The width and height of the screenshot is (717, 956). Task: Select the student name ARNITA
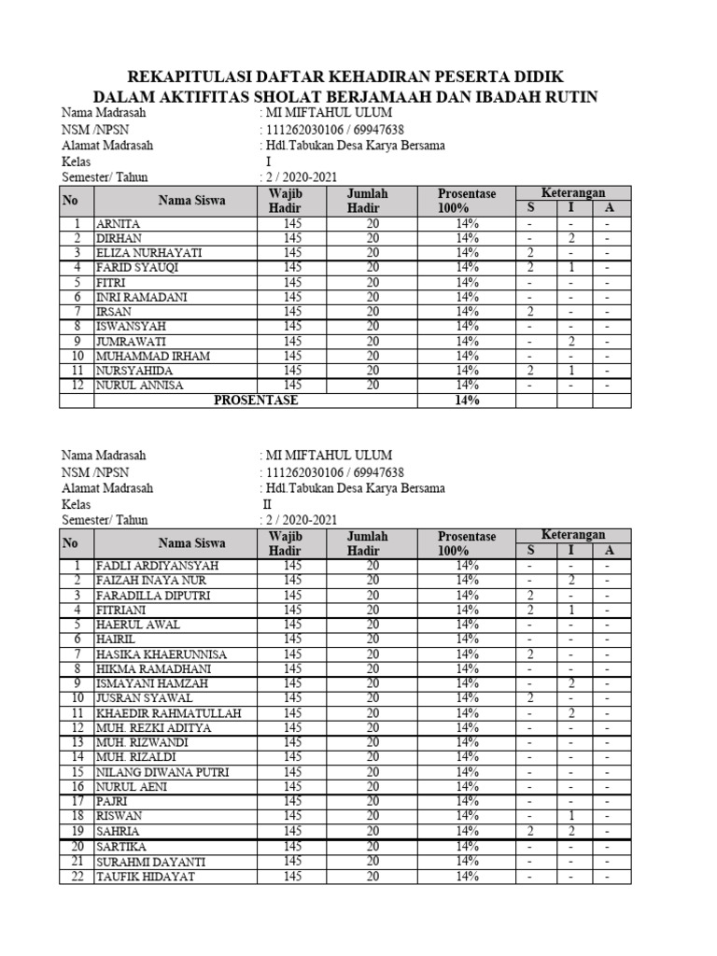(118, 224)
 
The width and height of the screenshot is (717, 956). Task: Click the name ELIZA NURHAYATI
(148, 253)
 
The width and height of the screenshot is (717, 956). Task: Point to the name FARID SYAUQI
(137, 268)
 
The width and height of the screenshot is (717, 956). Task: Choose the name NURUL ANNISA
(139, 385)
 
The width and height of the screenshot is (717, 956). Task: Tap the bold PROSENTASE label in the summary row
(256, 401)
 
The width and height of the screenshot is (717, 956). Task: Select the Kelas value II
(267, 504)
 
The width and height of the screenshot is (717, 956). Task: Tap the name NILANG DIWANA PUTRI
(162, 772)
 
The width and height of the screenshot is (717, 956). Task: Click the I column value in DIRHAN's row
(571, 238)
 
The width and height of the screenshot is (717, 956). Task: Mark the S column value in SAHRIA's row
(529, 831)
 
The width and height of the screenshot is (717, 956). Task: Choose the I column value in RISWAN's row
(571, 816)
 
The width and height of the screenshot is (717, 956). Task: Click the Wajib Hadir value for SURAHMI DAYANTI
(292, 862)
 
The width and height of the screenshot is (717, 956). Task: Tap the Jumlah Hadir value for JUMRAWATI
(373, 342)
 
